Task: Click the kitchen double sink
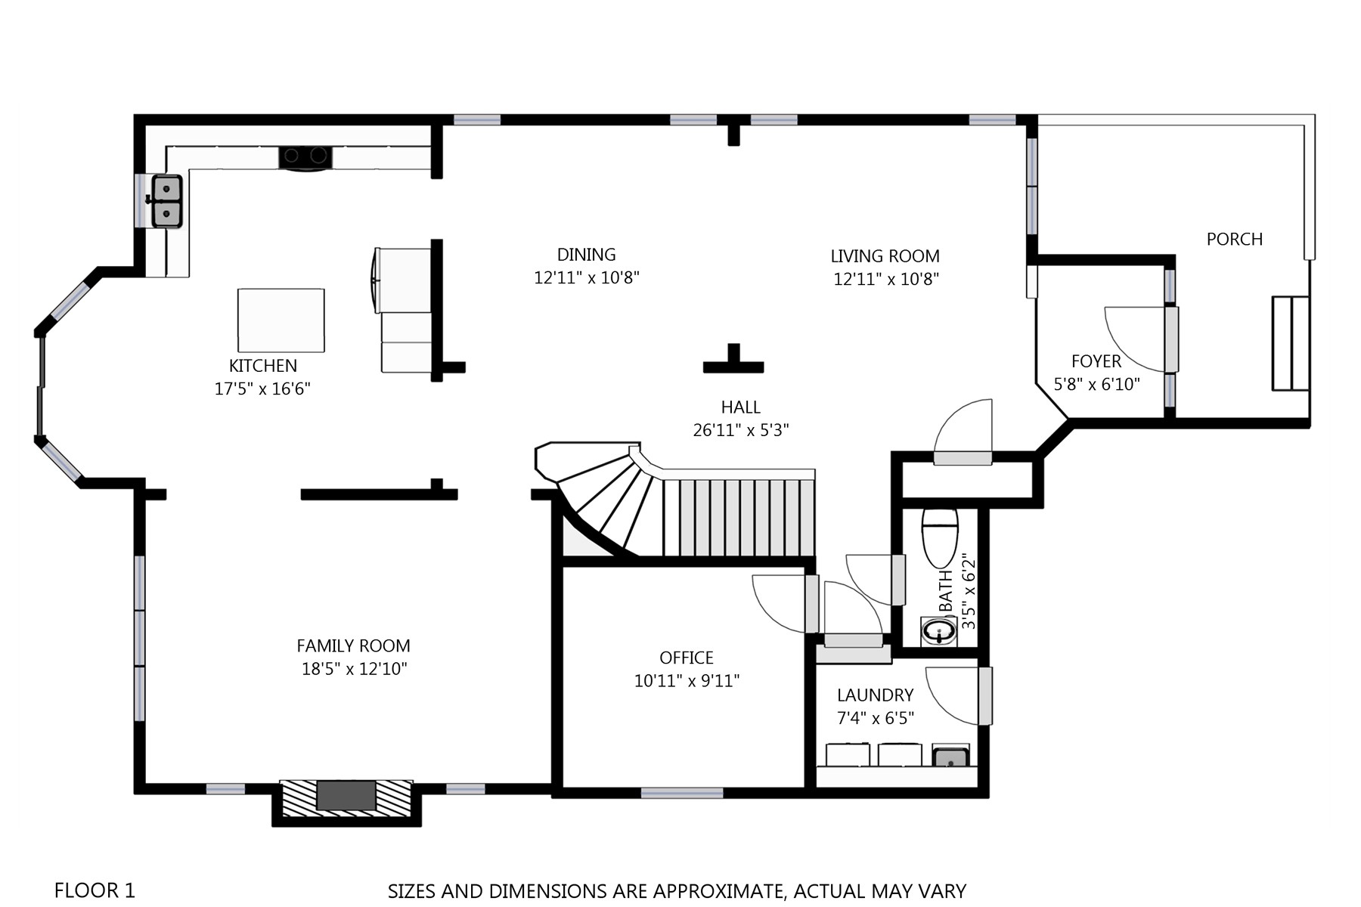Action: [x=167, y=201]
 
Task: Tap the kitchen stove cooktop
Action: [x=306, y=157]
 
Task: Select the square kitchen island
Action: [x=281, y=320]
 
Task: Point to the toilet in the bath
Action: [x=940, y=537]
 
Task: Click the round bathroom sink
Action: [x=939, y=631]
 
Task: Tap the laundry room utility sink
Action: [x=950, y=755]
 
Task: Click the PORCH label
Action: [x=1235, y=240]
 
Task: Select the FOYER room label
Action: [x=1096, y=361]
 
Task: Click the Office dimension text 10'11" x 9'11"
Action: [x=687, y=681]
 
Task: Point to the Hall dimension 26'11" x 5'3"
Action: [x=741, y=430]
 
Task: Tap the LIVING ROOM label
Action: [x=885, y=256]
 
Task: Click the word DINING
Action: [x=586, y=255]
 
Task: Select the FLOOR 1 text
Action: [x=95, y=890]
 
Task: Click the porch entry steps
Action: [x=1291, y=343]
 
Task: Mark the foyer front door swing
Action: [x=1135, y=339]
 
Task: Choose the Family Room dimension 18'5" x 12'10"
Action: [x=354, y=669]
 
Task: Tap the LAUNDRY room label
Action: [x=875, y=695]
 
